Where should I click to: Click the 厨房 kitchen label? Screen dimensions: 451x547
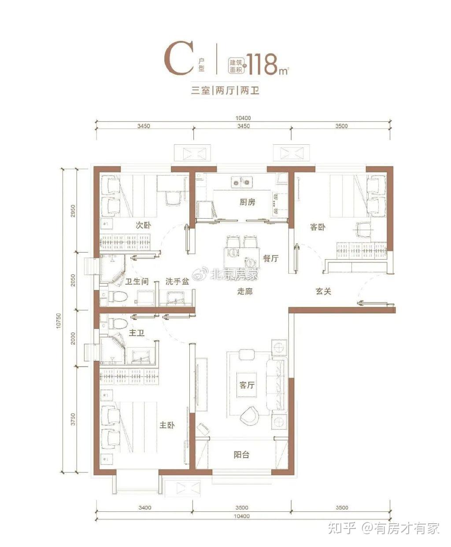(247, 202)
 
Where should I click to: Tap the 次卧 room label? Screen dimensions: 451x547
(143, 225)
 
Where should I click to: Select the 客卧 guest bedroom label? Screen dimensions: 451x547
(318, 227)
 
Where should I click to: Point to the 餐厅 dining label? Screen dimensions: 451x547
(270, 258)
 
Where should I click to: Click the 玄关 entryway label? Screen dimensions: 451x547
(324, 291)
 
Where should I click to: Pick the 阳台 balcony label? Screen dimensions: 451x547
(241, 455)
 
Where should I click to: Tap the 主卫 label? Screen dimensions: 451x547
(137, 333)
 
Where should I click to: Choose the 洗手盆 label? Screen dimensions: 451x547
(177, 281)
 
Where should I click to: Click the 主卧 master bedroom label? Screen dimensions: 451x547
(167, 425)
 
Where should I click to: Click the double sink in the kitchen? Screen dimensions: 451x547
(242, 182)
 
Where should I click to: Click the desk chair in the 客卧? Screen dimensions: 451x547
(363, 229)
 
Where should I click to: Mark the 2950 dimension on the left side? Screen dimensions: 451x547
(73, 211)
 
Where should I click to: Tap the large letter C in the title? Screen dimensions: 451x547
(178, 58)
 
